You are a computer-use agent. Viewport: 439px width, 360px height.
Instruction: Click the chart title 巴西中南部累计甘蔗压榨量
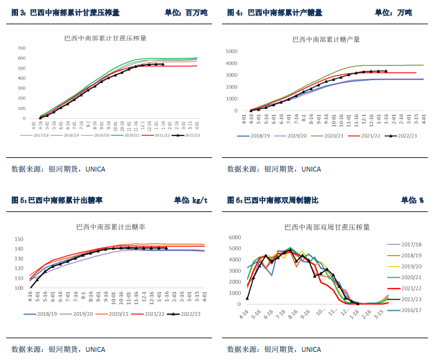coord(105,38)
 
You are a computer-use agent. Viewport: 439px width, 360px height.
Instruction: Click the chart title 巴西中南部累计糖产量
coord(326,39)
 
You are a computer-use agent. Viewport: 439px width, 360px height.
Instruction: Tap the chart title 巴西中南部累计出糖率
coord(106,228)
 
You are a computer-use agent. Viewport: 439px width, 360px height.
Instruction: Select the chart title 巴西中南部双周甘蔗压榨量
coord(326,227)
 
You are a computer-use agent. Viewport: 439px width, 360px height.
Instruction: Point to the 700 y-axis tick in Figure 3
coord(21,48)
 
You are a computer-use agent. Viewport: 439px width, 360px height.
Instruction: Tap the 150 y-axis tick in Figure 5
coord(19,239)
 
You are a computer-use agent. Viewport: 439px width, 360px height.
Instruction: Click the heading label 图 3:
coord(19,12)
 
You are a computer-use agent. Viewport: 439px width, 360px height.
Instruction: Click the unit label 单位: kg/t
coord(190,200)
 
